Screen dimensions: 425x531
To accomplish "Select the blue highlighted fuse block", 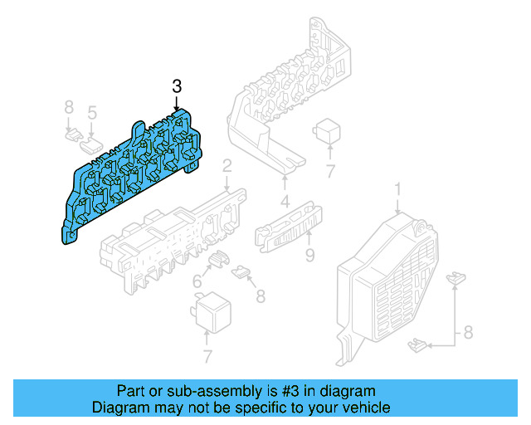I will (133, 174).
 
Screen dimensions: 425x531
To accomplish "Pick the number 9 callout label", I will (309, 255).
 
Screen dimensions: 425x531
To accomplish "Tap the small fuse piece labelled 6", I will (218, 260).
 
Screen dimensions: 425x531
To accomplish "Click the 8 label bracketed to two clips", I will (468, 333).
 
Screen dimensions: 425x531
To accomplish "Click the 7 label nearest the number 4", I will (329, 173).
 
